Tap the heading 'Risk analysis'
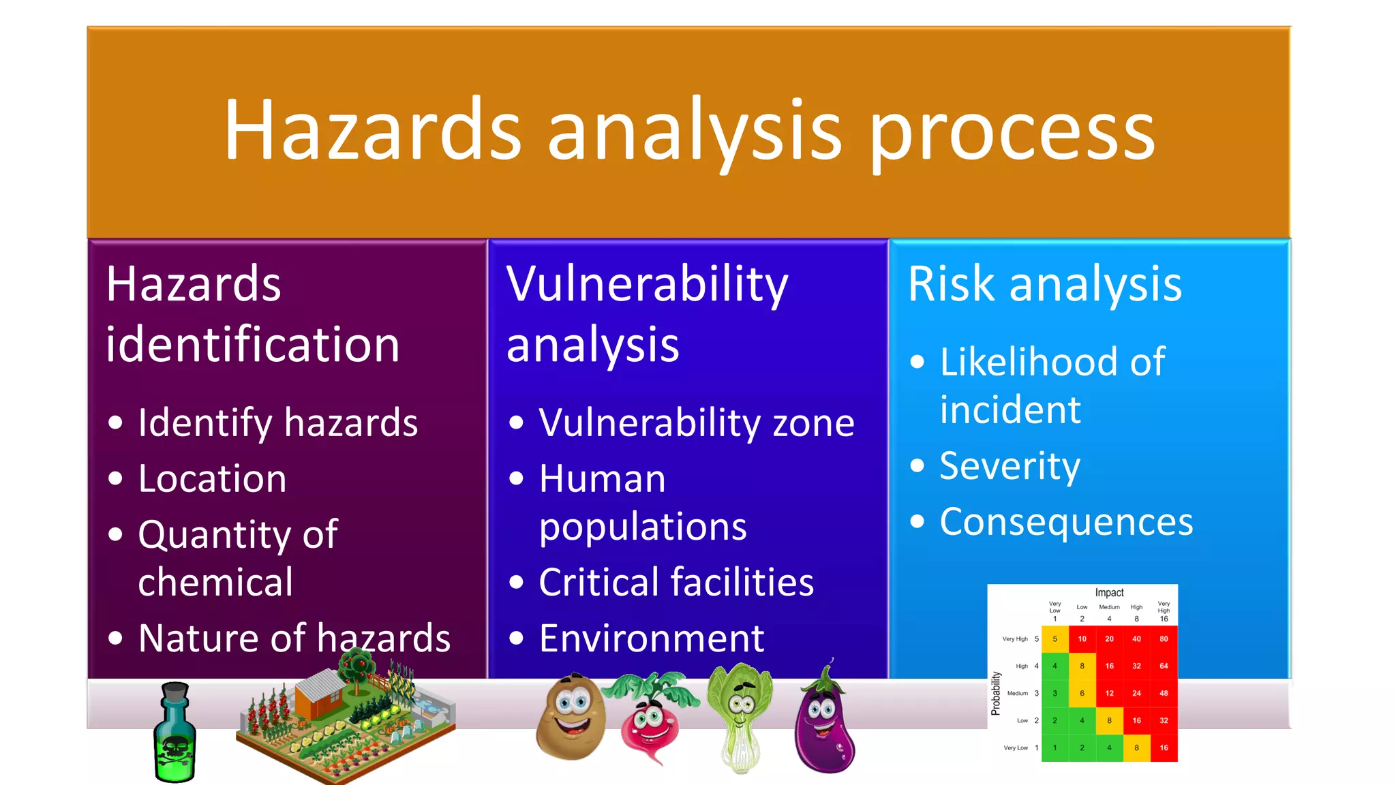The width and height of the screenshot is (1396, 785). click(x=1044, y=284)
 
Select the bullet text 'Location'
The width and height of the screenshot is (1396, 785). click(x=212, y=478)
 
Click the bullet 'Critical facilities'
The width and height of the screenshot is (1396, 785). click(x=676, y=583)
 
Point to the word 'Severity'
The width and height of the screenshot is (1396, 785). click(x=1010, y=467)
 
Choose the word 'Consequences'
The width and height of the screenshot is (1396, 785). click(x=1066, y=523)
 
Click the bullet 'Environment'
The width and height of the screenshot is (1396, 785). click(x=651, y=638)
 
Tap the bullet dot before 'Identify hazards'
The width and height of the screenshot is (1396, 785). click(x=116, y=423)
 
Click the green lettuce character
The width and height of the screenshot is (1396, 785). click(x=740, y=715)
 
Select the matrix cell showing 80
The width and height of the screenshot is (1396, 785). click(x=1164, y=639)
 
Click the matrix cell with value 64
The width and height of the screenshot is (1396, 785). click(x=1164, y=666)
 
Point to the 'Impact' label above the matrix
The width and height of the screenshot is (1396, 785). click(x=1109, y=593)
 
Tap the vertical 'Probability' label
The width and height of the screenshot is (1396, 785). click(x=996, y=693)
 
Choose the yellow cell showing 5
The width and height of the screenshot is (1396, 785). click(x=1054, y=639)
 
